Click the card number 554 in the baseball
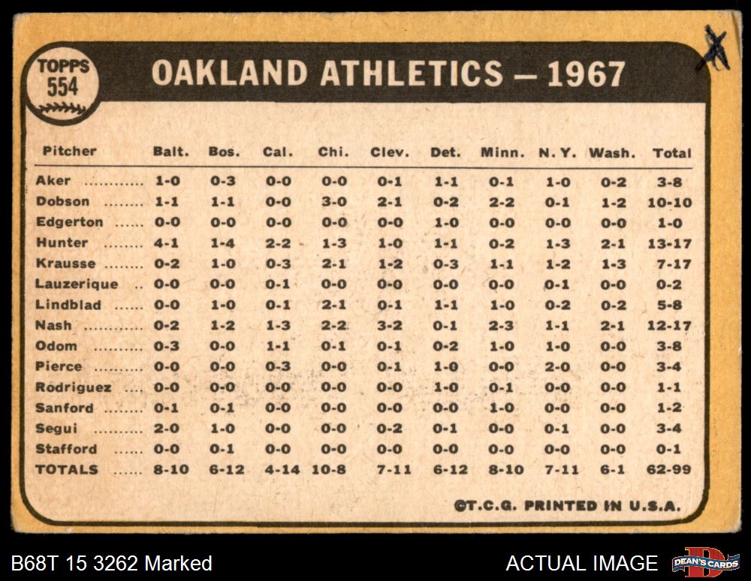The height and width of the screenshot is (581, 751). tap(62, 87)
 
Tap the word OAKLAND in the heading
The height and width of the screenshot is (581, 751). tap(230, 74)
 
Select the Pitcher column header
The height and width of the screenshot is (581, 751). tap(69, 151)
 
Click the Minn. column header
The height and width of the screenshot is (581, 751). tap(502, 152)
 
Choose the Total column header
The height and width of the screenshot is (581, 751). tap(671, 152)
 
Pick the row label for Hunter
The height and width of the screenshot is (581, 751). tap(62, 243)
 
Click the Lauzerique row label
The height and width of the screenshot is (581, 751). tap(76, 284)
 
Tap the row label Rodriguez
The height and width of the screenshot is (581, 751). tap(74, 387)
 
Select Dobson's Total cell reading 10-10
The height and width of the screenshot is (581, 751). tap(670, 203)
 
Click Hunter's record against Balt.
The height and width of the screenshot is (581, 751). tap(166, 244)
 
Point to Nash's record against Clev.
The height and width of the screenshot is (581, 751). tap(389, 326)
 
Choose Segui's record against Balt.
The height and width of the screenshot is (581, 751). tap(166, 429)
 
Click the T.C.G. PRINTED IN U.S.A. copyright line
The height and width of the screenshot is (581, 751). tap(567, 506)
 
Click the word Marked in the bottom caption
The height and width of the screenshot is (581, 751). tap(179, 563)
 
